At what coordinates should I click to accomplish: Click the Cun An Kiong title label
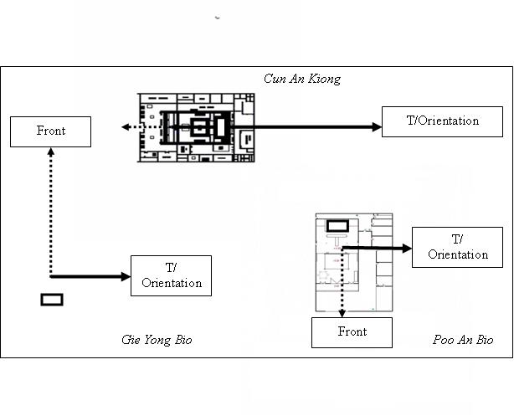[302, 79]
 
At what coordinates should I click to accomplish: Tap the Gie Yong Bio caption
[157, 340]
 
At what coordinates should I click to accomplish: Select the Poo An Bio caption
[463, 340]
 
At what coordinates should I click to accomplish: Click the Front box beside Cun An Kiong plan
[50, 131]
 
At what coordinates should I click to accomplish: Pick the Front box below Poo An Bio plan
[352, 332]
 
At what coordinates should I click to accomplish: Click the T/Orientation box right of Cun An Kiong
[442, 121]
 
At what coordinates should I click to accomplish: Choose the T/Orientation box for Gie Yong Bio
[171, 275]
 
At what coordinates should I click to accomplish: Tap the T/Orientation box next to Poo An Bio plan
[457, 247]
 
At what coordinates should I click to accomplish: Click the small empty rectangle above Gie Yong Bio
[52, 300]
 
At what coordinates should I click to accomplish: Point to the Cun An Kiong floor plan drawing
[196, 127]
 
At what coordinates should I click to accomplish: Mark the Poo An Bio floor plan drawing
[354, 262]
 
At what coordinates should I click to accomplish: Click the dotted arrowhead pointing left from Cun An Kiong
[126, 127]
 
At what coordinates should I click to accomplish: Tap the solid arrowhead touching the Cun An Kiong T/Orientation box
[378, 127]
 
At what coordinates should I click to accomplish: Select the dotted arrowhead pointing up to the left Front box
[51, 152]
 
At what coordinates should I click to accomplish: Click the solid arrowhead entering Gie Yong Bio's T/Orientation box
[126, 277]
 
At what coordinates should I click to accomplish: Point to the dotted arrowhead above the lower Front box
[342, 313]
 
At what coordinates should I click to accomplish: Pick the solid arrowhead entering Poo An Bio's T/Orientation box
[408, 249]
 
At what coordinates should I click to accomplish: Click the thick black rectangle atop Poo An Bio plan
[337, 226]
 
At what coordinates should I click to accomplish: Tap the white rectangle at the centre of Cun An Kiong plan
[221, 127]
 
